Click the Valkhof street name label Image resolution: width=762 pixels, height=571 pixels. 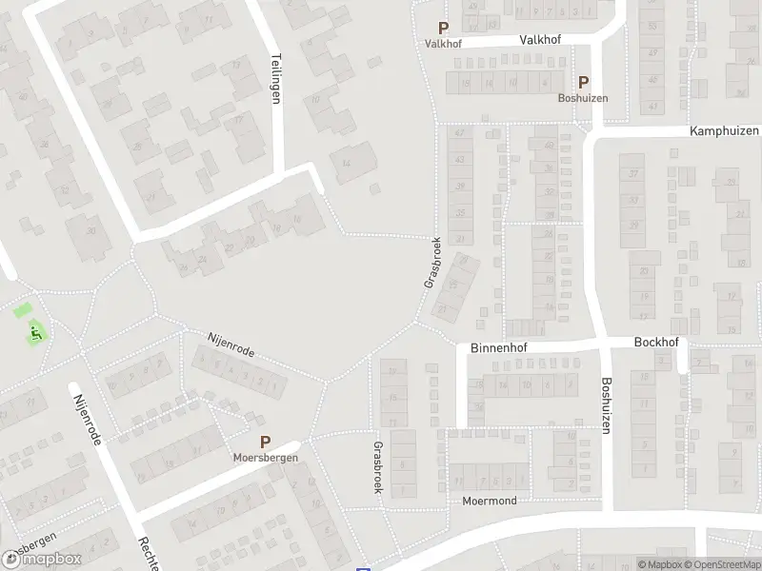coord(540,40)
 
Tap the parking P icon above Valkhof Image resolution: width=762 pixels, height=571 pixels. coord(443,30)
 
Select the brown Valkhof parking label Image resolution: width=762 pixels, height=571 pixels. coord(443,44)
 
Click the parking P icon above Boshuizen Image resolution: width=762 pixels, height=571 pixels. coord(583,83)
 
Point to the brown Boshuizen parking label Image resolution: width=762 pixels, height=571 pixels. coord(583,98)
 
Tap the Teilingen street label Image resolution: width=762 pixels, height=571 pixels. coord(276,77)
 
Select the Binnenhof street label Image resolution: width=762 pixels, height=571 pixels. coord(498,349)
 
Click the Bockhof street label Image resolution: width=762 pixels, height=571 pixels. coord(655,342)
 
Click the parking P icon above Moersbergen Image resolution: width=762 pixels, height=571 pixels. coord(266,442)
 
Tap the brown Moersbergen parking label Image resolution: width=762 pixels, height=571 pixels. coord(266,457)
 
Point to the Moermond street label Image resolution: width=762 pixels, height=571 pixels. coord(490,501)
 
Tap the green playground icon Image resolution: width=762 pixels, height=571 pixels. coord(36,332)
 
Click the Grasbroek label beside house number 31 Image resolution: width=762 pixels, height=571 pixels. coord(431,263)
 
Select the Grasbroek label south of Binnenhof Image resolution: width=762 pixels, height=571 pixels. coord(378,466)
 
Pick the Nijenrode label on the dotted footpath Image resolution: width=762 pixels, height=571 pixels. coord(231,345)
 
